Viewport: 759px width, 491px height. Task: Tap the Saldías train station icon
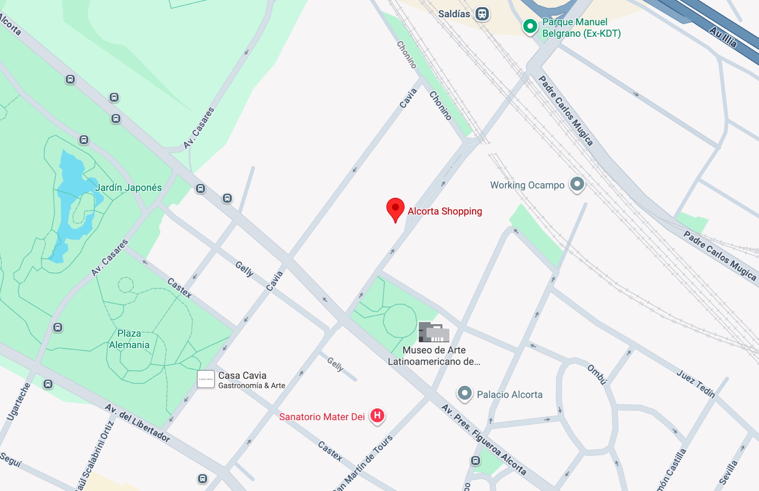(x=482, y=14)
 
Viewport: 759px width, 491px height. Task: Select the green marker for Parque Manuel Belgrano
(x=530, y=26)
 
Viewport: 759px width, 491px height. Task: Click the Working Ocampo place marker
(x=577, y=184)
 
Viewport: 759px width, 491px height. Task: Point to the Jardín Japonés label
(x=128, y=187)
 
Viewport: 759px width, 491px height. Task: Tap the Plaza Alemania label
(x=129, y=339)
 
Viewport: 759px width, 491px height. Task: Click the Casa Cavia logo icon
(x=205, y=379)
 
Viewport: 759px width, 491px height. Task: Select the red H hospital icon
(x=377, y=415)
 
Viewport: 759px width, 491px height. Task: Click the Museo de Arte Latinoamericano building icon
(x=434, y=332)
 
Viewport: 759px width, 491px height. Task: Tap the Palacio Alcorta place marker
(x=465, y=393)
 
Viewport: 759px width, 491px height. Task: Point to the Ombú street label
(x=597, y=375)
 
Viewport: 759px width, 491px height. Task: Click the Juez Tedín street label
(x=696, y=384)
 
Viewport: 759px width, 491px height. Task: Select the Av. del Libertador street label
(x=137, y=423)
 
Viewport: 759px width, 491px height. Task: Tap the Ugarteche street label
(x=18, y=402)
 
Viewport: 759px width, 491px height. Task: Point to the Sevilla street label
(x=729, y=473)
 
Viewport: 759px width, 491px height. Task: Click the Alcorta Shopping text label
(x=445, y=211)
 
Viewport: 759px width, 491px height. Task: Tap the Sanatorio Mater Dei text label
(x=322, y=417)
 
